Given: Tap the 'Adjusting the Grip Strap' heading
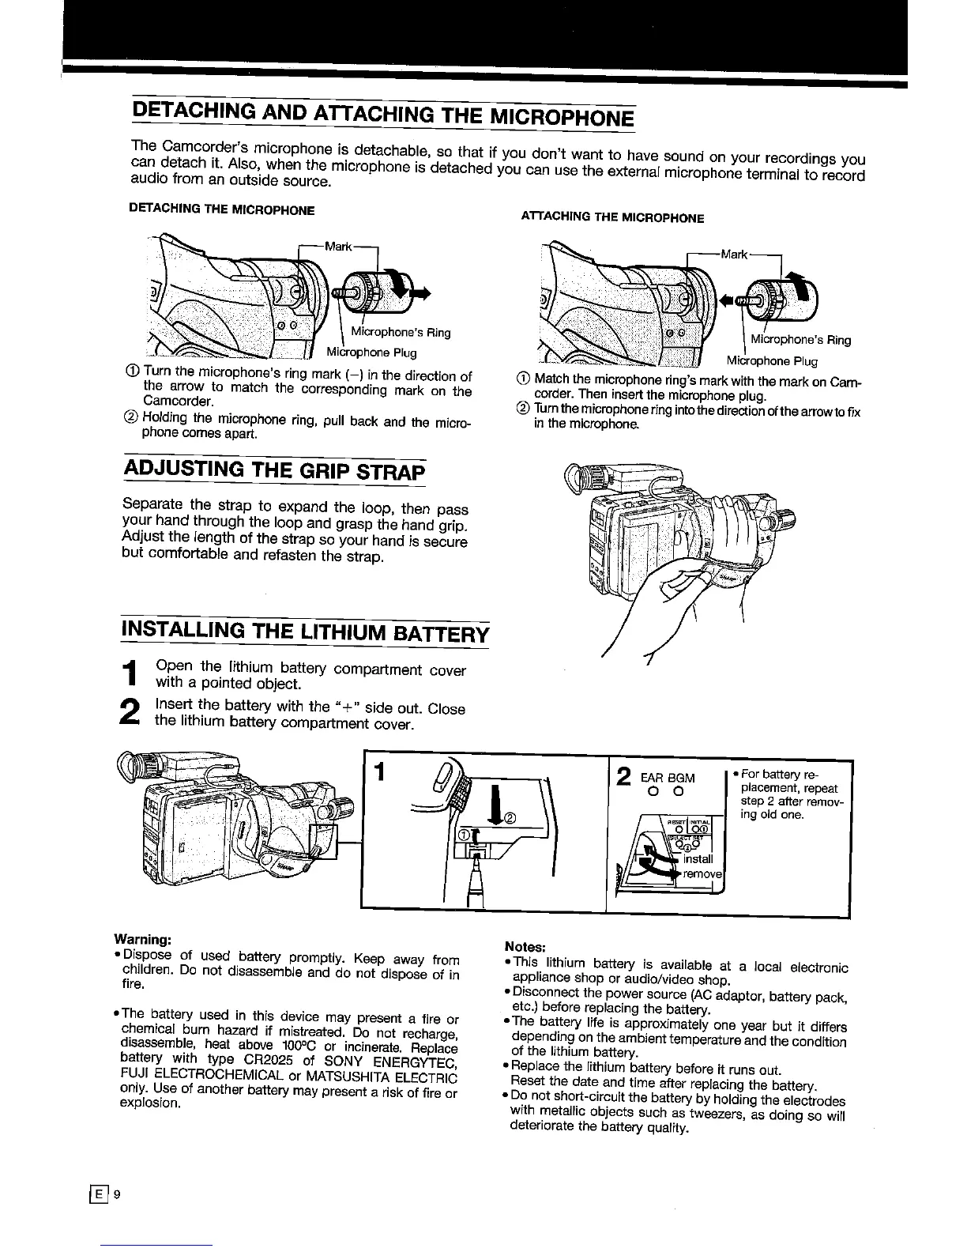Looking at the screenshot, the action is coord(274,472).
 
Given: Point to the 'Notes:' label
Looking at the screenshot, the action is coord(525,947).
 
